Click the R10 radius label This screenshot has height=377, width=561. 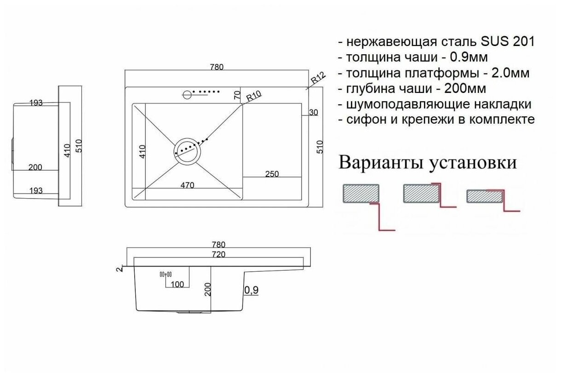[x=254, y=97]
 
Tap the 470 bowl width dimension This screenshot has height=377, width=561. [x=187, y=186]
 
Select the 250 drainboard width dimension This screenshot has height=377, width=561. [x=271, y=174]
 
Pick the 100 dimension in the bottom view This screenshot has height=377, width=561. [x=177, y=285]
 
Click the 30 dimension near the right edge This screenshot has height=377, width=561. [x=314, y=113]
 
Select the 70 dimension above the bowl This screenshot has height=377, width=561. [x=237, y=96]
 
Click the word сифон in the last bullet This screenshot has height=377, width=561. [x=361, y=120]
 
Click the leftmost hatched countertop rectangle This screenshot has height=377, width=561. [x=361, y=193]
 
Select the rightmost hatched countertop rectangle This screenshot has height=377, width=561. [x=485, y=196]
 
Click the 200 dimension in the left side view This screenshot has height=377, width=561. [x=35, y=167]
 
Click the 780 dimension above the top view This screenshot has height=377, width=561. [x=217, y=67]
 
